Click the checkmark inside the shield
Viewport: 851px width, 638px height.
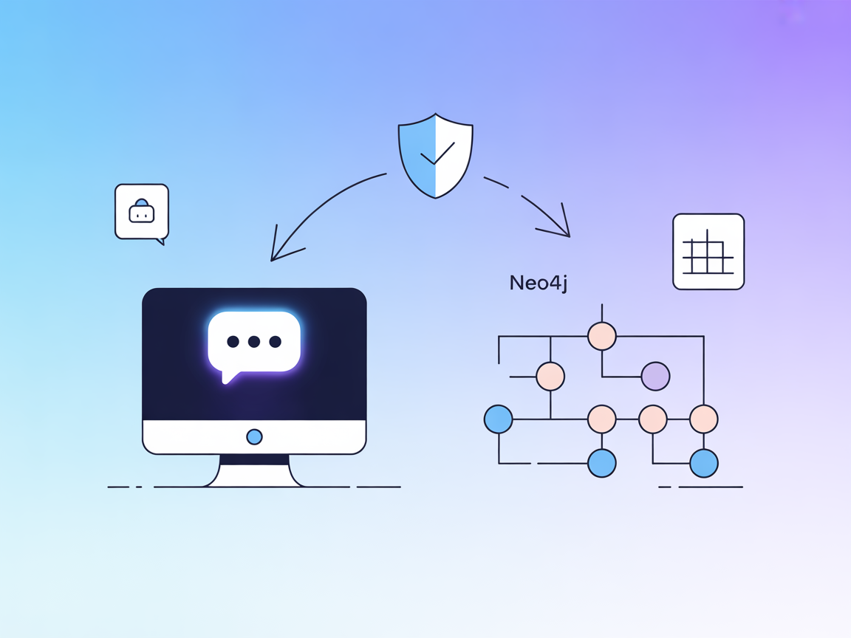click(x=437, y=154)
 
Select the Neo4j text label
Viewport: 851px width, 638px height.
click(x=539, y=283)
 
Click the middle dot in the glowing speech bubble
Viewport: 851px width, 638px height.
click(x=254, y=341)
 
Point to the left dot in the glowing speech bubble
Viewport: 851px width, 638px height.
click(x=233, y=341)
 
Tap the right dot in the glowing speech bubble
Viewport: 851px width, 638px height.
click(x=276, y=341)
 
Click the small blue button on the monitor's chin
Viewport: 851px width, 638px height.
click(x=254, y=436)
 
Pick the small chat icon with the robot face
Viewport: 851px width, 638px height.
click(x=142, y=212)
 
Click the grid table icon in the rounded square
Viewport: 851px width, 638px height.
click(x=708, y=252)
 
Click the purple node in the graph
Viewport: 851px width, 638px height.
click(x=655, y=376)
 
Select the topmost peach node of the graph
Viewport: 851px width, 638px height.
click(x=602, y=336)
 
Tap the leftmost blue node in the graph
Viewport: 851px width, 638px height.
click(x=499, y=419)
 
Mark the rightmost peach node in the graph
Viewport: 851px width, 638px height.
click(x=703, y=419)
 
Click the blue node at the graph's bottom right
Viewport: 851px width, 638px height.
click(x=703, y=463)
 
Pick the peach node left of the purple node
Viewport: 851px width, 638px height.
click(x=550, y=376)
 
